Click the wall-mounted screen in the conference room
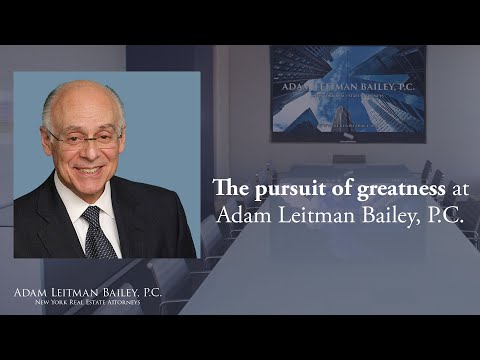pos(347,93)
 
